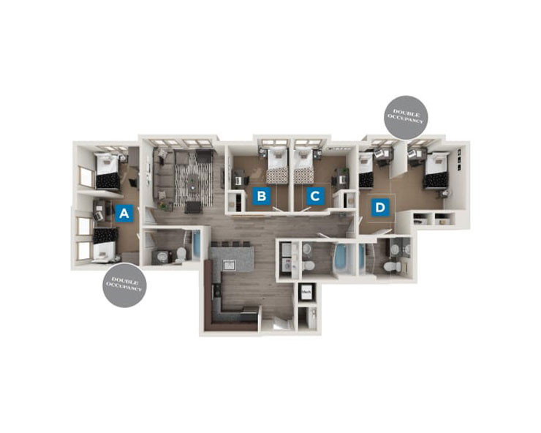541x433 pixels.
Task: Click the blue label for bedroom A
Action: [124, 213]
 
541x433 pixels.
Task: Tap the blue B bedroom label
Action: [261, 195]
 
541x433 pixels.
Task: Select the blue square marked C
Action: [314, 195]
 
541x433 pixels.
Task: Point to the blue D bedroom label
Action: [379, 208]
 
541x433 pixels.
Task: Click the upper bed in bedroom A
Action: [109, 170]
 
